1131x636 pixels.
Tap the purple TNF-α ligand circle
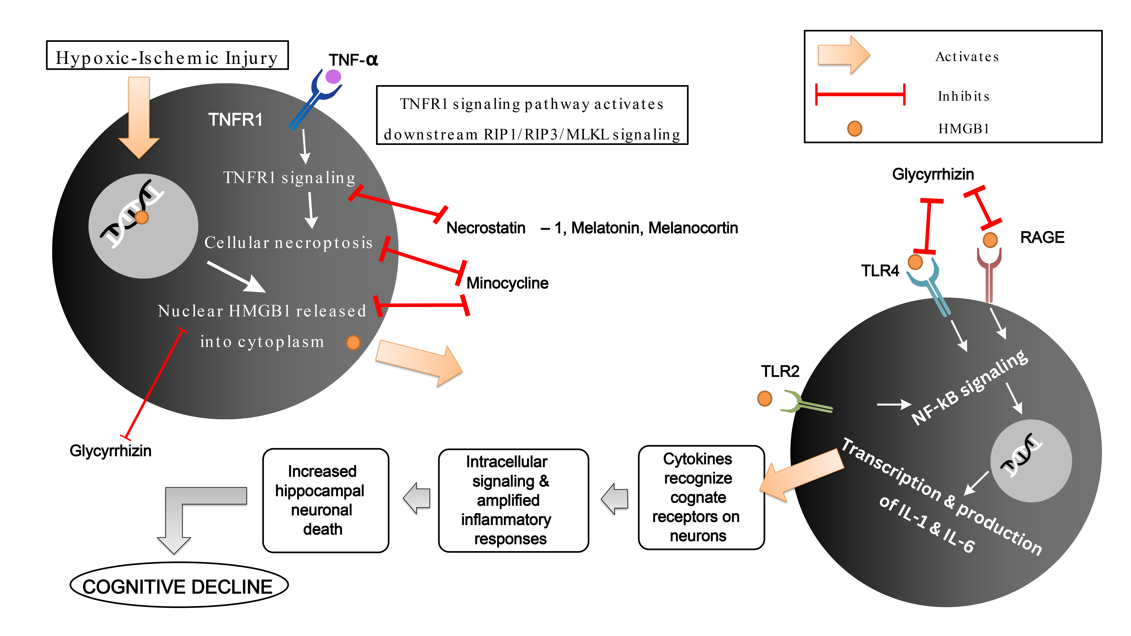(x=333, y=76)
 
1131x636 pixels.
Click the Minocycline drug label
(x=507, y=283)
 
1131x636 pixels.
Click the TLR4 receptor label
(x=880, y=271)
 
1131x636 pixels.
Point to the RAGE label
(x=1042, y=237)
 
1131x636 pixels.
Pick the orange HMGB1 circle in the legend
(x=854, y=129)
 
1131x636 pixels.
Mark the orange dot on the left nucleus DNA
(x=142, y=217)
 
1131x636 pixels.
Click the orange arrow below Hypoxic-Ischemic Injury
(x=139, y=116)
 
